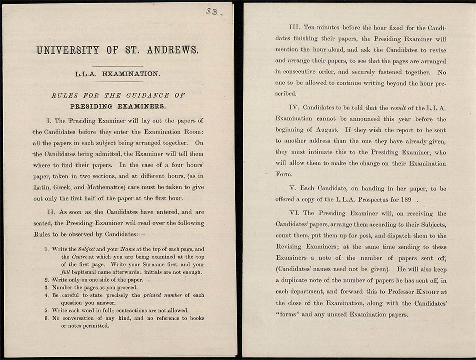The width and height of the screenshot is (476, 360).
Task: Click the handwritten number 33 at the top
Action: coord(212,11)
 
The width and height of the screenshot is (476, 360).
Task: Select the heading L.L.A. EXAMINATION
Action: coord(118,74)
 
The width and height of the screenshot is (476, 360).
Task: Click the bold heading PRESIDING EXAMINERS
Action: coord(118,106)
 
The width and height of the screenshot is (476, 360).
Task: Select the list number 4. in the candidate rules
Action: coord(47,295)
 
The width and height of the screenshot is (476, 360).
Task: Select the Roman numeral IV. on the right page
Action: coord(293,107)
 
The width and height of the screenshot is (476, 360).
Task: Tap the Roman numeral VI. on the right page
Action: coord(294,213)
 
